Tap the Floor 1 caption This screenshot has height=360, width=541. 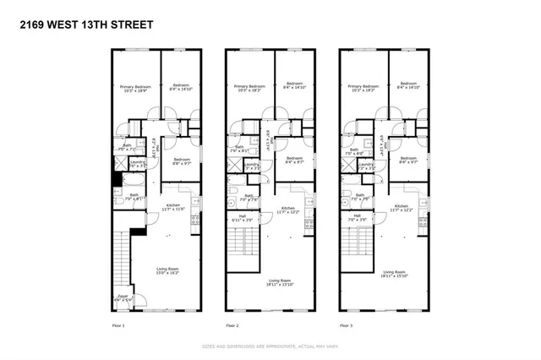pyautogui.click(x=118, y=325)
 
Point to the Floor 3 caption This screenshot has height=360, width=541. pyautogui.click(x=346, y=325)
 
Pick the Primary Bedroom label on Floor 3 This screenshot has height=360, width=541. pyautogui.click(x=362, y=87)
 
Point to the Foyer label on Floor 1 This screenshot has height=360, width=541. pyautogui.click(x=123, y=297)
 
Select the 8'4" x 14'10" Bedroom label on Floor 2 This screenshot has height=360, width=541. pyautogui.click(x=294, y=85)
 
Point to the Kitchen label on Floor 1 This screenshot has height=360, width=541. pyautogui.click(x=173, y=207)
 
